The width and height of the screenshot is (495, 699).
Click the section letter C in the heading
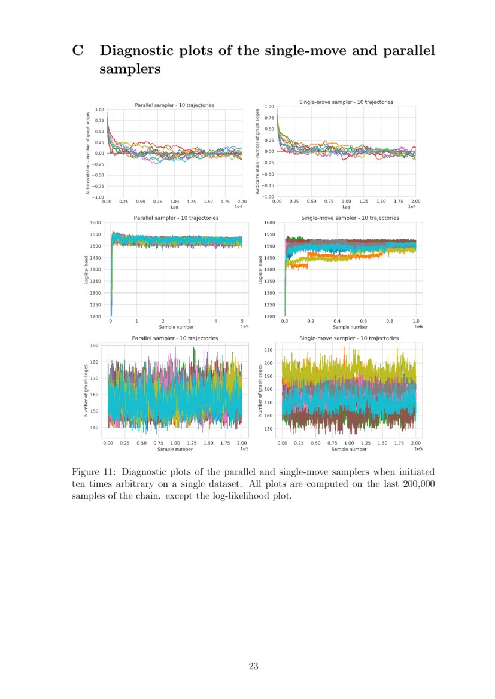pyautogui.click(x=77, y=50)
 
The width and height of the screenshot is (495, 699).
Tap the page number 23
pyautogui.click(x=253, y=666)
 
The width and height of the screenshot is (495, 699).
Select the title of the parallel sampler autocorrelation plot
pyautogui.click(x=174, y=105)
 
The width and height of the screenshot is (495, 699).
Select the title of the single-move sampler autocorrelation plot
pyautogui.click(x=346, y=102)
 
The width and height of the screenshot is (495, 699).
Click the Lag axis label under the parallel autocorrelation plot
pyautogui.click(x=174, y=207)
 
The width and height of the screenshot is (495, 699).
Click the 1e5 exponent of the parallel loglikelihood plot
pyautogui.click(x=245, y=328)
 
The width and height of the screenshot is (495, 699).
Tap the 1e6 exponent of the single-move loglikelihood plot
pyautogui.click(x=417, y=328)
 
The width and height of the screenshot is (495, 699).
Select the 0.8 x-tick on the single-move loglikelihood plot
pyautogui.click(x=390, y=322)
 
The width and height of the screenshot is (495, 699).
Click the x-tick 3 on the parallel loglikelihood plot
pyautogui.click(x=189, y=322)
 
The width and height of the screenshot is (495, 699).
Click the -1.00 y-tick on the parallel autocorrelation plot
pyautogui.click(x=97, y=197)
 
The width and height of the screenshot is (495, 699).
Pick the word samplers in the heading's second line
pyautogui.click(x=130, y=69)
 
